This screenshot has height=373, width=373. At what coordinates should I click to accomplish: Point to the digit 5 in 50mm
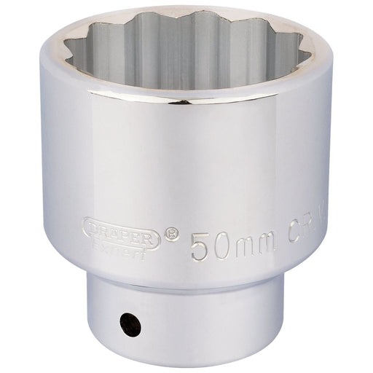point(200,246)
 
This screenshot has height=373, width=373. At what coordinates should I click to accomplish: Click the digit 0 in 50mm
point(221,246)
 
